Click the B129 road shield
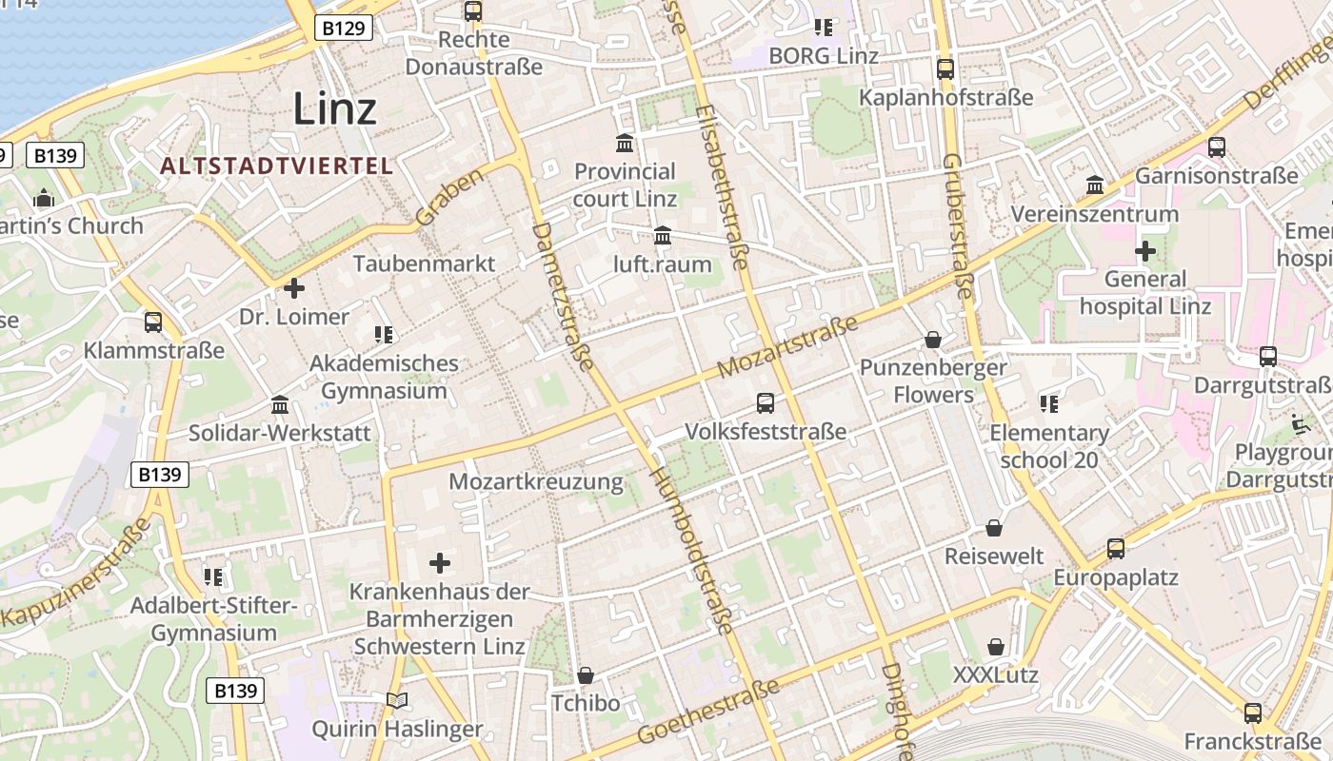click(343, 29)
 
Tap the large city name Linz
click(334, 108)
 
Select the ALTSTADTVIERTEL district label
click(276, 166)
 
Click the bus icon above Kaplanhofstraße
click(945, 68)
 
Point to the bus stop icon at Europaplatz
click(1115, 549)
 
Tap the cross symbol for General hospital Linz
click(1144, 251)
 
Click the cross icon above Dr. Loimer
click(294, 287)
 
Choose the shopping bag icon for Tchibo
click(586, 675)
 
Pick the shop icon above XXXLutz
click(995, 647)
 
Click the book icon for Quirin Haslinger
click(397, 701)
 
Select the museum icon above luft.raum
click(663, 235)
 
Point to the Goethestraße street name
click(709, 712)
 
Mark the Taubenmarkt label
click(424, 263)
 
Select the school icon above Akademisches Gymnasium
click(384, 334)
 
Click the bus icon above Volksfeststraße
click(766, 402)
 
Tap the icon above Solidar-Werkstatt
click(280, 405)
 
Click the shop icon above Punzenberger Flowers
click(933, 340)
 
